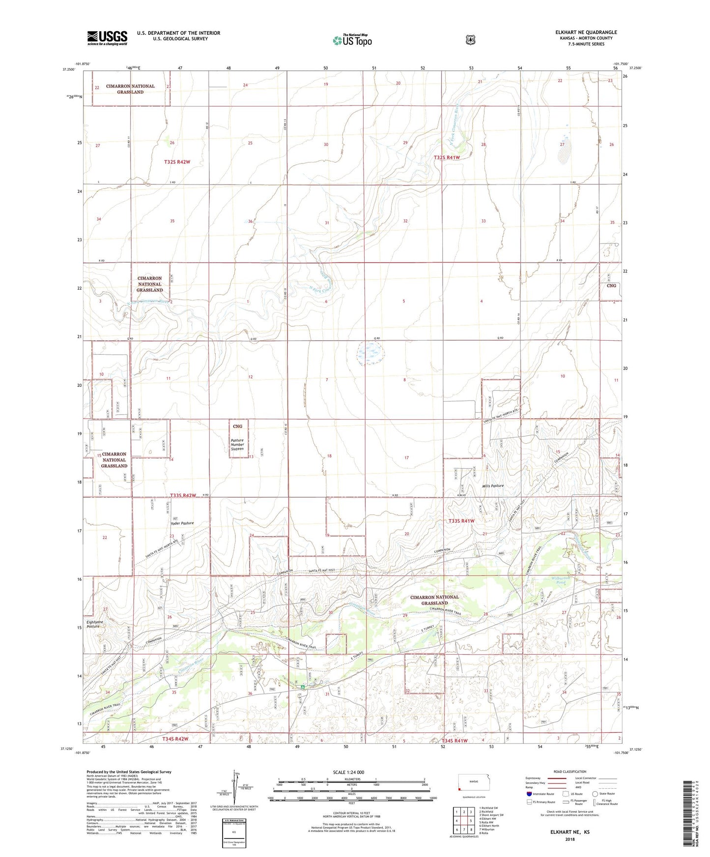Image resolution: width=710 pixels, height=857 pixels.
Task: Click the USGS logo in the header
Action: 107,38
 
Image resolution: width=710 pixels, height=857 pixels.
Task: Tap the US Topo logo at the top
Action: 352,40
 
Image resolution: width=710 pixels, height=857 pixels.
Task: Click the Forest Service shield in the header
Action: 470,40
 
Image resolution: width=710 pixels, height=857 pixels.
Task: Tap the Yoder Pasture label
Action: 182,523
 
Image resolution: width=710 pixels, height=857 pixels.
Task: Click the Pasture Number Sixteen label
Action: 237,445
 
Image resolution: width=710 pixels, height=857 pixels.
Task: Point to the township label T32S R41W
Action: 447,158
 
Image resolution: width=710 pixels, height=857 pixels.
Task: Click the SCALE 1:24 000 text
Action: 348,772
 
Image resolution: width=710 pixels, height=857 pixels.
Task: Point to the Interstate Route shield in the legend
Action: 529,794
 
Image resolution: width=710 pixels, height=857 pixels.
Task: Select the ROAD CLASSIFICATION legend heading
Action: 569,772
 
